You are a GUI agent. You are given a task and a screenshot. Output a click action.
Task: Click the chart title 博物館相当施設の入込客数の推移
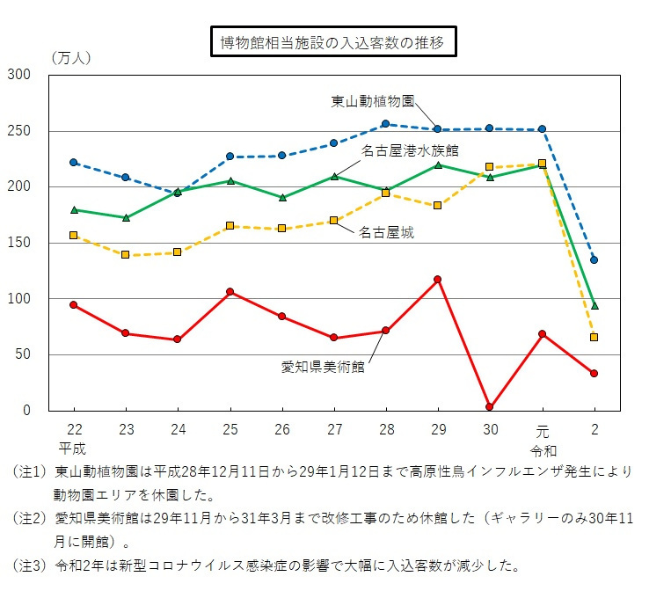(333, 42)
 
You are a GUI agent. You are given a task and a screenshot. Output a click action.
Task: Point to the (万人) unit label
(70, 58)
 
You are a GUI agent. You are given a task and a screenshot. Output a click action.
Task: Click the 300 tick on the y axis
(20, 76)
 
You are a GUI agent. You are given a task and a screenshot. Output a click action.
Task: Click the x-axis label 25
(230, 429)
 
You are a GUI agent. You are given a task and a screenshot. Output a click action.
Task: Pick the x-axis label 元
(542, 429)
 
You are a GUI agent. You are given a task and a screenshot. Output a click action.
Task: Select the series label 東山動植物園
(373, 100)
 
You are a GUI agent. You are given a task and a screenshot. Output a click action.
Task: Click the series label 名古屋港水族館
(411, 150)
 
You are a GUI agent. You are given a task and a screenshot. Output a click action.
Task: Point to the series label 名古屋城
(386, 233)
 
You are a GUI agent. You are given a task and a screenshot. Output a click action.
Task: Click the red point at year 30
(490, 407)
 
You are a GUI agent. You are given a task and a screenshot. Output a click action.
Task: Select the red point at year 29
(438, 280)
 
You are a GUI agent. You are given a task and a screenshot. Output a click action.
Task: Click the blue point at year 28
(385, 124)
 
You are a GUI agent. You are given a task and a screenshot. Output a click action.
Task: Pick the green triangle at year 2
(594, 306)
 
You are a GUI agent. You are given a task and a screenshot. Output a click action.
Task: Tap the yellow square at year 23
(125, 254)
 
